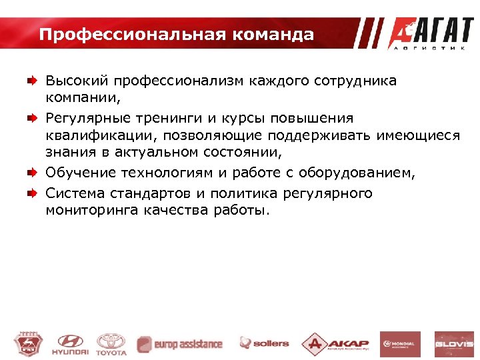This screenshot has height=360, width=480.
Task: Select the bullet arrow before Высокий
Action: pyautogui.click(x=31, y=81)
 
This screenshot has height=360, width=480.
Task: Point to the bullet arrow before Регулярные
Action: pyautogui.click(x=31, y=119)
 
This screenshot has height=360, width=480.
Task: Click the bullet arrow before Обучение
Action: pyautogui.click(x=31, y=174)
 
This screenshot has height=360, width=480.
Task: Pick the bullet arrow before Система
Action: pyautogui.click(x=31, y=193)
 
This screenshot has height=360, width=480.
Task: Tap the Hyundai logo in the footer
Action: pyautogui.click(x=69, y=343)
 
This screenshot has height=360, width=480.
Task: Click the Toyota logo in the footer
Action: pyautogui.click(x=111, y=343)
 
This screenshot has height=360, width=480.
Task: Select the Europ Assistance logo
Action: pyautogui.click(x=179, y=344)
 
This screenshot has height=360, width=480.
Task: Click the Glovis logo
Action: pyautogui.click(x=454, y=344)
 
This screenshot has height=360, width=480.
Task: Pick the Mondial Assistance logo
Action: pyautogui.click(x=400, y=344)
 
